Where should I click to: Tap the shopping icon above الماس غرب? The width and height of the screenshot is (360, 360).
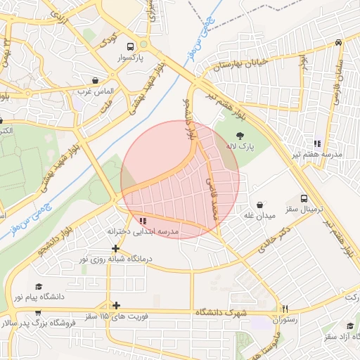click(x=95, y=80)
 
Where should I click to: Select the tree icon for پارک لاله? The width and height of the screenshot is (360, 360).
click(x=240, y=136)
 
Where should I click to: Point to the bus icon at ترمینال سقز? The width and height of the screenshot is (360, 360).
click(x=304, y=199)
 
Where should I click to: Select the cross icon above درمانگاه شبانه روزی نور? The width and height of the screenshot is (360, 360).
click(x=116, y=248)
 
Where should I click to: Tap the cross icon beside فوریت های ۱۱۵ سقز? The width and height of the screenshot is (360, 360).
click(x=116, y=305)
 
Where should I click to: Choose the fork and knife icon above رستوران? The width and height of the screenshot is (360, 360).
click(x=285, y=309)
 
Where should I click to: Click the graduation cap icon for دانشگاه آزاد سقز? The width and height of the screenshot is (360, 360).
click(x=350, y=325)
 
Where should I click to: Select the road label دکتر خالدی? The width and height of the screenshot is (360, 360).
click(x=273, y=240)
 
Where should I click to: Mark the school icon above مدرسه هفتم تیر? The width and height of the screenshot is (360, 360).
click(x=318, y=143)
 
